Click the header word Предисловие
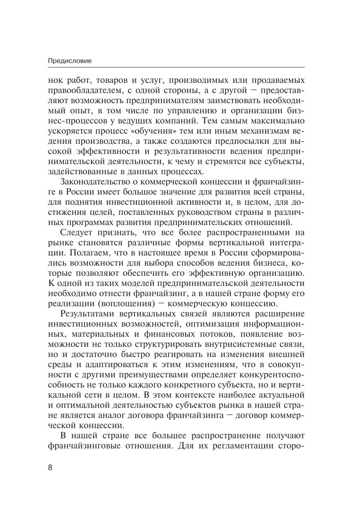[x=70, y=61]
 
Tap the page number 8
[x=50, y=467]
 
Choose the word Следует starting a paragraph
[x=77, y=233]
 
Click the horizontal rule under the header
[x=176, y=67]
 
